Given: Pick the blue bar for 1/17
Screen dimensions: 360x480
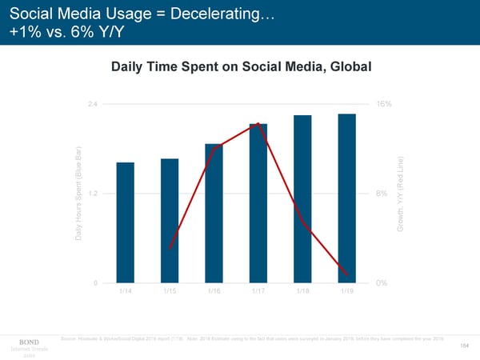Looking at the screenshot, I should [258, 203].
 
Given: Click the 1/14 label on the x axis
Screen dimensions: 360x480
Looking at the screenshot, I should [126, 292].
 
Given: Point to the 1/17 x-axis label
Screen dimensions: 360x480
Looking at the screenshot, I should [258, 292].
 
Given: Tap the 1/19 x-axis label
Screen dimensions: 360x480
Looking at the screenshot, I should [346, 292].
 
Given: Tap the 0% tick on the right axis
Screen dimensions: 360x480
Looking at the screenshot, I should [382, 282].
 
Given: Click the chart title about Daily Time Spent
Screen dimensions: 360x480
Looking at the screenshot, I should [242, 68].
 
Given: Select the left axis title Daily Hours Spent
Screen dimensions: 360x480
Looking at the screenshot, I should [80, 194].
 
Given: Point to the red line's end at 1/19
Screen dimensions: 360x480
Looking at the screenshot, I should [346, 274].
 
